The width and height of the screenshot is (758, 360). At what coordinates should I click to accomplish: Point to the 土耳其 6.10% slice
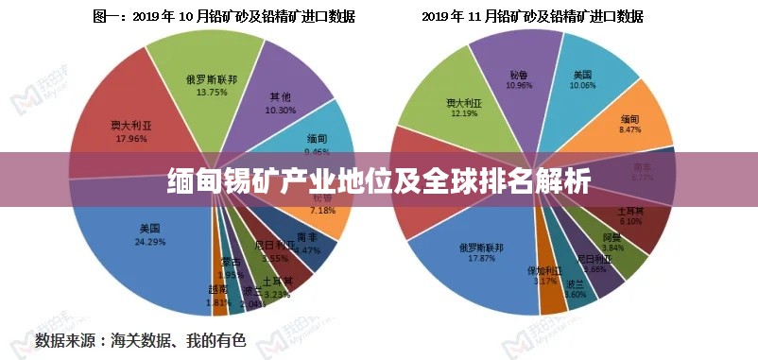tap(635, 222)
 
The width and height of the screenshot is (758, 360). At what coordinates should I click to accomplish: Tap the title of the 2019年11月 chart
tap(532, 16)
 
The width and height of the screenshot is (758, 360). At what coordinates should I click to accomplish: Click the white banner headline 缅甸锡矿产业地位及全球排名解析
tap(379, 180)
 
